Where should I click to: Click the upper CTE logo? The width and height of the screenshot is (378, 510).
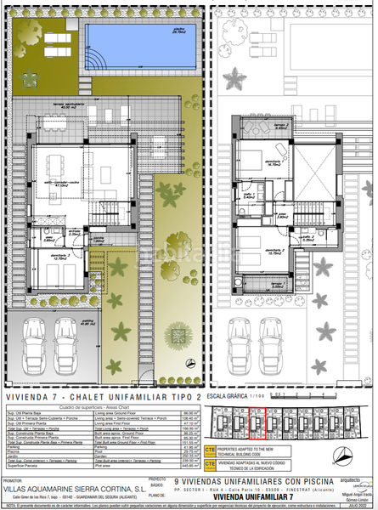tap(211, 446)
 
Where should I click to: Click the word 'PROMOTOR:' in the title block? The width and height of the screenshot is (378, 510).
tap(18, 480)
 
